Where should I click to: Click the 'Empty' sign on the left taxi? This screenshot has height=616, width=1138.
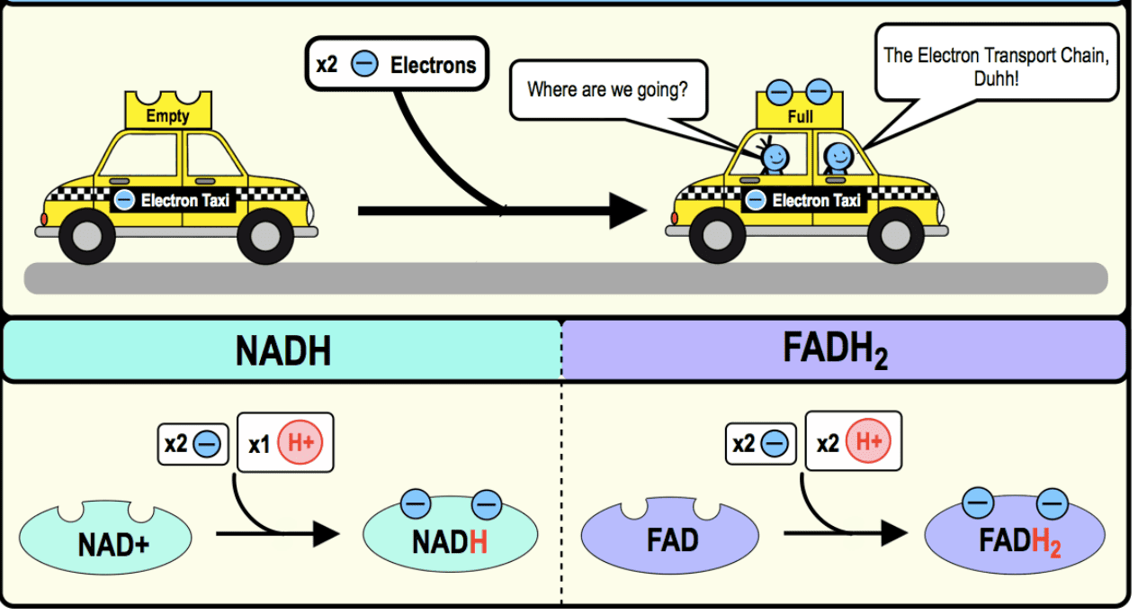pyautogui.click(x=167, y=115)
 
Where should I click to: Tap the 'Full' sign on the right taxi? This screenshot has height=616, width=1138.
pyautogui.click(x=799, y=116)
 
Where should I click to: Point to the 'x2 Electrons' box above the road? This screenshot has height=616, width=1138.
pyautogui.click(x=397, y=64)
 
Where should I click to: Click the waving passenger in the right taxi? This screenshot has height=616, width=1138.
pyautogui.click(x=773, y=158)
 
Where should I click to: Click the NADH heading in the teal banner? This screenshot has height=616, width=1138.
pyautogui.click(x=282, y=350)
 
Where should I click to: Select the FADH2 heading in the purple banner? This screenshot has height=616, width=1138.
pyautogui.click(x=835, y=350)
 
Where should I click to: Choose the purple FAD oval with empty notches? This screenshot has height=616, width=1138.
pyautogui.click(x=672, y=540)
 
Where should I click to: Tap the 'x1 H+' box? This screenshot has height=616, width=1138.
pyautogui.click(x=284, y=442)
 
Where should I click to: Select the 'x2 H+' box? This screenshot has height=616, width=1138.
pyautogui.click(x=852, y=442)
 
